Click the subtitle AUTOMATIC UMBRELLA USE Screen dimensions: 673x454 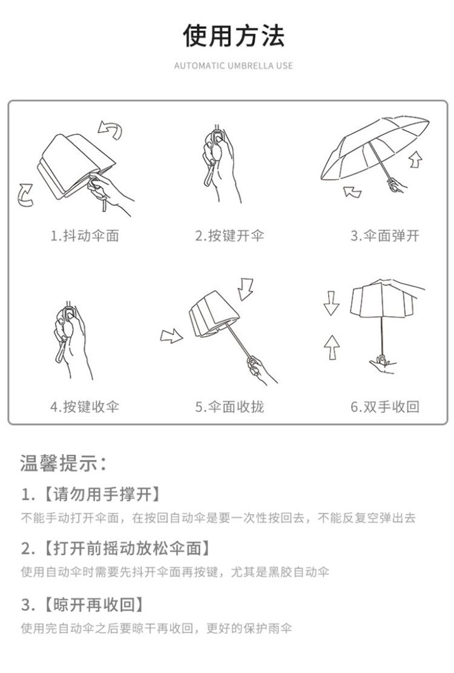coord(233,65)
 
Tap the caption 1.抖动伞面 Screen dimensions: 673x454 coord(84,236)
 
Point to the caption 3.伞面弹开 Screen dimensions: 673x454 coord(385,236)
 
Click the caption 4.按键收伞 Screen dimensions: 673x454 coord(84,406)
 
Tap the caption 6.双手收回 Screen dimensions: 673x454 coord(385,406)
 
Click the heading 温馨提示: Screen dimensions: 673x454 coord(64,464)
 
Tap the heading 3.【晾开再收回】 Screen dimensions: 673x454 coord(84,604)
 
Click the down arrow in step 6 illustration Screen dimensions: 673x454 coord(331,303)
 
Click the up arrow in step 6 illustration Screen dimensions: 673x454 coord(331,347)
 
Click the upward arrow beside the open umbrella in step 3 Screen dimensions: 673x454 coord(415,159)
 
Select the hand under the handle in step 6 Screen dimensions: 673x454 coord(381,365)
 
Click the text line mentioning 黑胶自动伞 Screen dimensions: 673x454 coord(175,572)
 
